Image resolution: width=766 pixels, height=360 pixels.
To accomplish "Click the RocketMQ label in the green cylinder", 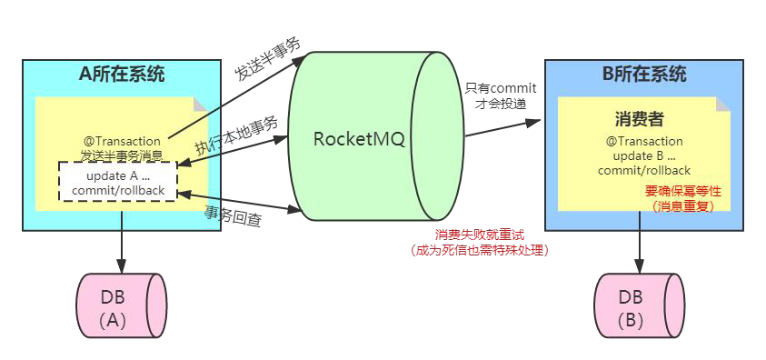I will pyautogui.click(x=358, y=139).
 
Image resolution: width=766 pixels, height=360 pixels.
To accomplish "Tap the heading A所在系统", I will pyautogui.click(x=122, y=75).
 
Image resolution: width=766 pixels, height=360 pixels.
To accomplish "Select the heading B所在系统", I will pyautogui.click(x=644, y=75).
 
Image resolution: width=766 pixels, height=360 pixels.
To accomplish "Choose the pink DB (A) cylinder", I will pyautogui.click(x=122, y=306).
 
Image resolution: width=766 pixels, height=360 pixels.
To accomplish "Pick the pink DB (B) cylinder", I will pyautogui.click(x=642, y=306).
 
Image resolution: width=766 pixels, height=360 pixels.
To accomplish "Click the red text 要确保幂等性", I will pyautogui.click(x=682, y=191).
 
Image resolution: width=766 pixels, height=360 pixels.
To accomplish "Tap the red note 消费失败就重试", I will pyautogui.click(x=481, y=235).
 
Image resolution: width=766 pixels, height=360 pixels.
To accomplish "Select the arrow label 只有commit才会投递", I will pyautogui.click(x=501, y=95).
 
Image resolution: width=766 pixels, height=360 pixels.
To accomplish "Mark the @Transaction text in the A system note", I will pyautogui.click(x=122, y=141).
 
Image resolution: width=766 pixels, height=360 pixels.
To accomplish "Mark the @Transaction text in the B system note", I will pyautogui.click(x=644, y=141).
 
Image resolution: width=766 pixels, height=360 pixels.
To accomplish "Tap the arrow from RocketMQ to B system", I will pyautogui.click(x=504, y=127).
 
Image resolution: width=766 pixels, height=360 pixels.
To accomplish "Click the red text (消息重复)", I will pyautogui.click(x=682, y=206).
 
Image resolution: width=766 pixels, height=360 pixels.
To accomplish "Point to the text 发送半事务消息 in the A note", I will pyautogui.click(x=122, y=155).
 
